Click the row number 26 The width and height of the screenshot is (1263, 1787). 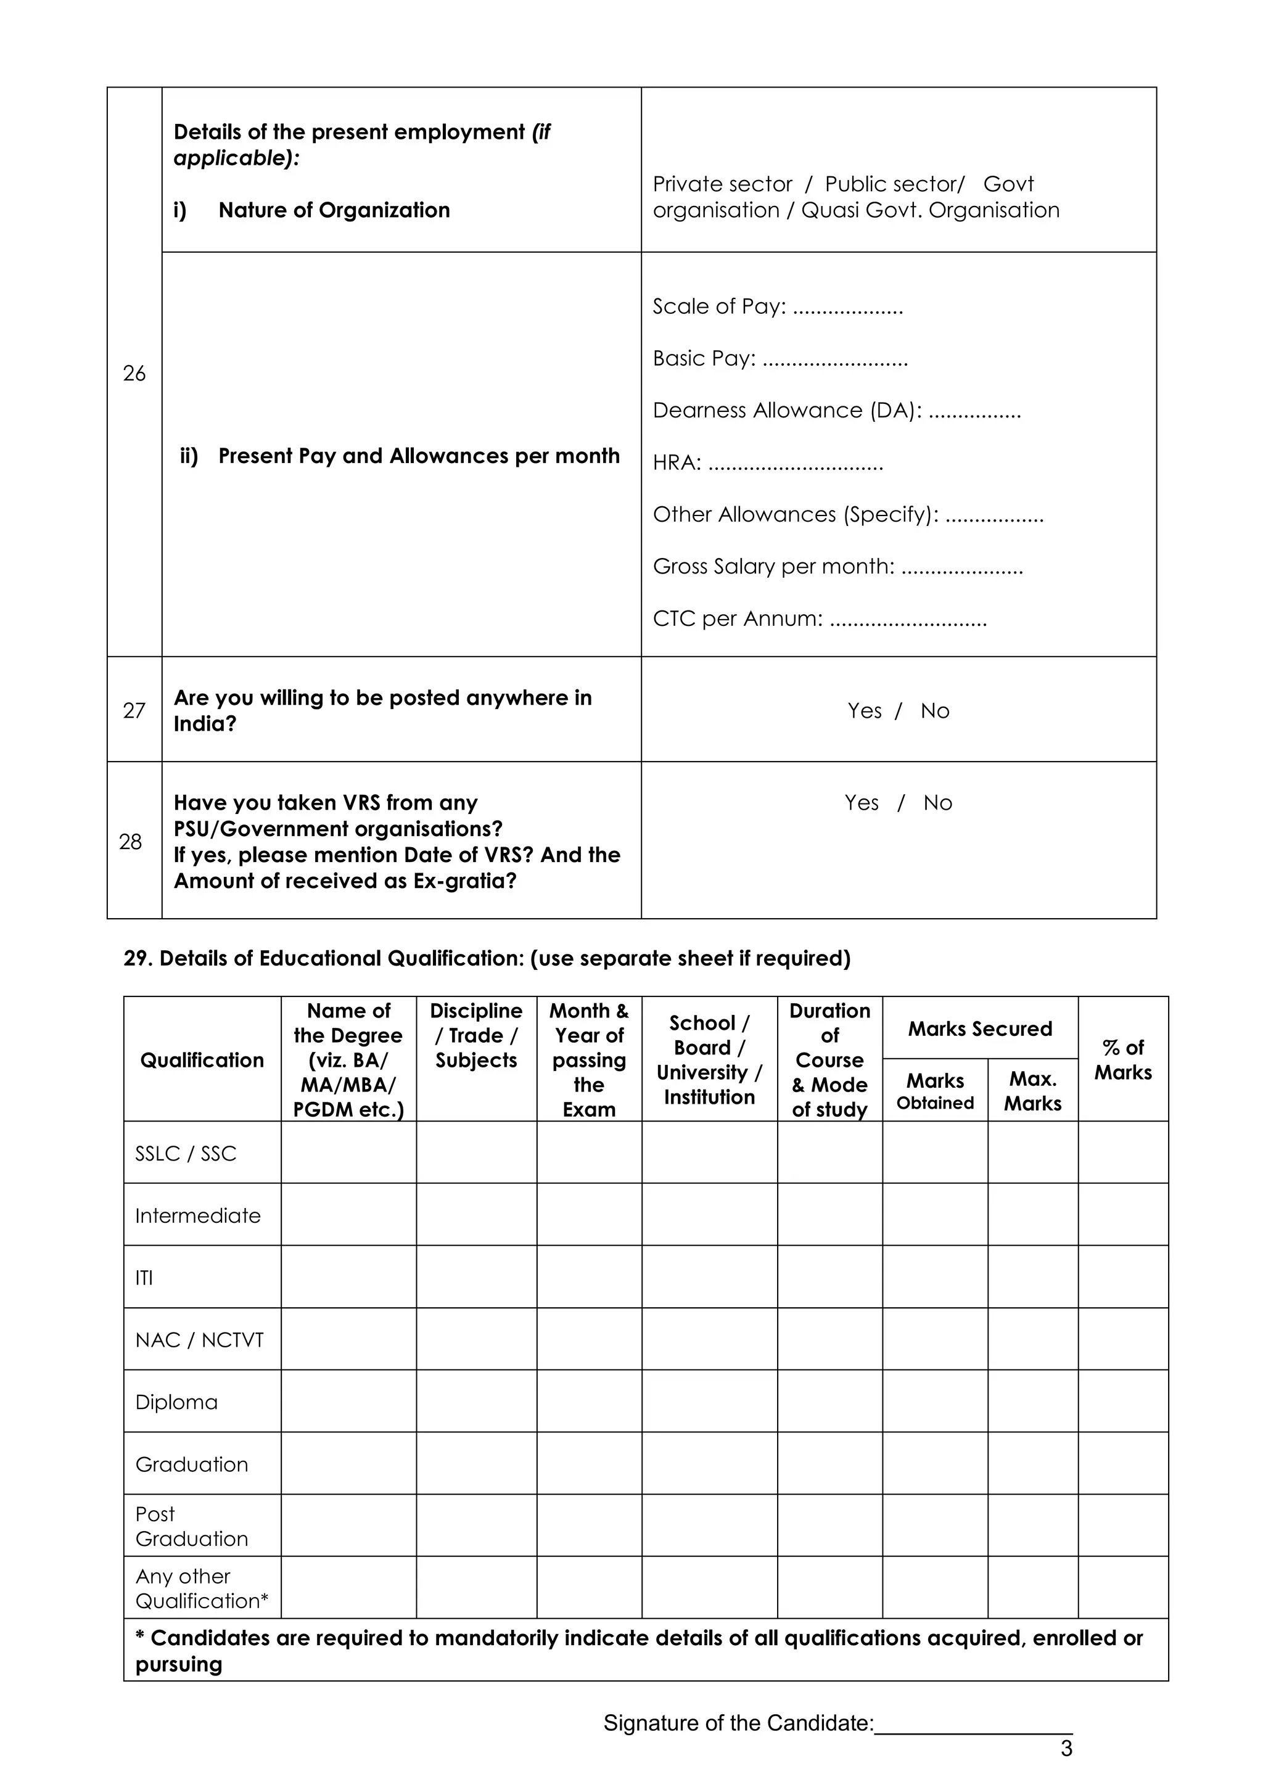(x=134, y=373)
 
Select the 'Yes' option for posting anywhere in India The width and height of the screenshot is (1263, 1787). (x=864, y=710)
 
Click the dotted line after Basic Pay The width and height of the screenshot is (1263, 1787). (x=835, y=359)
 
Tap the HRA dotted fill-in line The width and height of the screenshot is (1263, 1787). (x=796, y=464)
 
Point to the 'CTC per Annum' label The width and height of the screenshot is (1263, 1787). (x=737, y=618)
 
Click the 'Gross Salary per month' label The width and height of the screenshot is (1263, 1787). (x=773, y=566)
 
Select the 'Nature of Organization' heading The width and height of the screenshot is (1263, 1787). (x=334, y=210)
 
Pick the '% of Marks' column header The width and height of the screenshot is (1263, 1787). (x=1122, y=1059)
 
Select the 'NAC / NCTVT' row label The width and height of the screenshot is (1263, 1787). (x=199, y=1339)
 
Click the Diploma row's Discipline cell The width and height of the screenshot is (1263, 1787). (x=475, y=1402)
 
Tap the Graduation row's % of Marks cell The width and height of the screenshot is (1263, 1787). (x=1122, y=1464)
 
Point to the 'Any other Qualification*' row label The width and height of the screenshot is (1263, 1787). (x=201, y=1588)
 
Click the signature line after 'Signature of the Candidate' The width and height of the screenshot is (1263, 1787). (x=973, y=1725)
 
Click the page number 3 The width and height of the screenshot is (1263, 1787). (x=1066, y=1748)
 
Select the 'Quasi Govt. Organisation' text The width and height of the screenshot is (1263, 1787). (x=930, y=210)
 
